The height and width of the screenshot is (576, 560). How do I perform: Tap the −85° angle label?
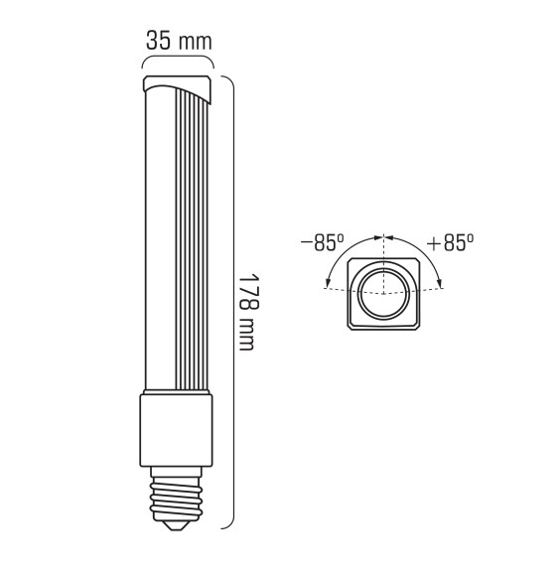coord(323,243)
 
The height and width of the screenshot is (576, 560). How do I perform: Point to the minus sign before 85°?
coord(306,243)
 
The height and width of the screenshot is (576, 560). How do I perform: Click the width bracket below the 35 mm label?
coord(178,62)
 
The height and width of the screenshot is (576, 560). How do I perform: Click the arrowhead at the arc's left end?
coord(328,287)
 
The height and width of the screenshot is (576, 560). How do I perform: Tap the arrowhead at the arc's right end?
coord(441,287)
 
